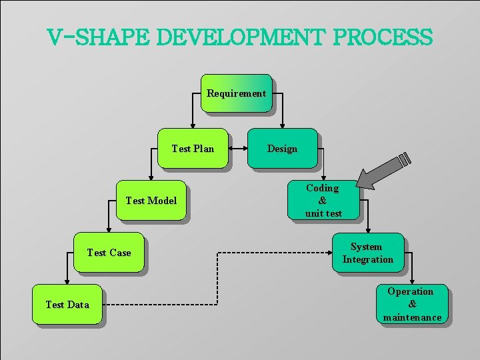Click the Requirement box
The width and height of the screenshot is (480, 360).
(x=236, y=93)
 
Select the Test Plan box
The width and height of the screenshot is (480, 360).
(x=193, y=148)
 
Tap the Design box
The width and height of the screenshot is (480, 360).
(x=282, y=148)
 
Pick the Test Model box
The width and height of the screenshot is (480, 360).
(x=151, y=200)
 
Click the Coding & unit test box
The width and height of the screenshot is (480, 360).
(x=323, y=200)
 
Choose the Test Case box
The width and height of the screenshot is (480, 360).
(x=109, y=252)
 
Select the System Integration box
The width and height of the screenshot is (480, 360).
(x=367, y=253)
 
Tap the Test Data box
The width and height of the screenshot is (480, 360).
(x=67, y=305)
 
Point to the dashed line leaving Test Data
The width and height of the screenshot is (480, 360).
(x=160, y=305)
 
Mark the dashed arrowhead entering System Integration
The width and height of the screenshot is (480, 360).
(x=327, y=253)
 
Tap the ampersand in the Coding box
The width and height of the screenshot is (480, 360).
(x=323, y=201)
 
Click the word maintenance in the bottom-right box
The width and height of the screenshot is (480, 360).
(x=412, y=317)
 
